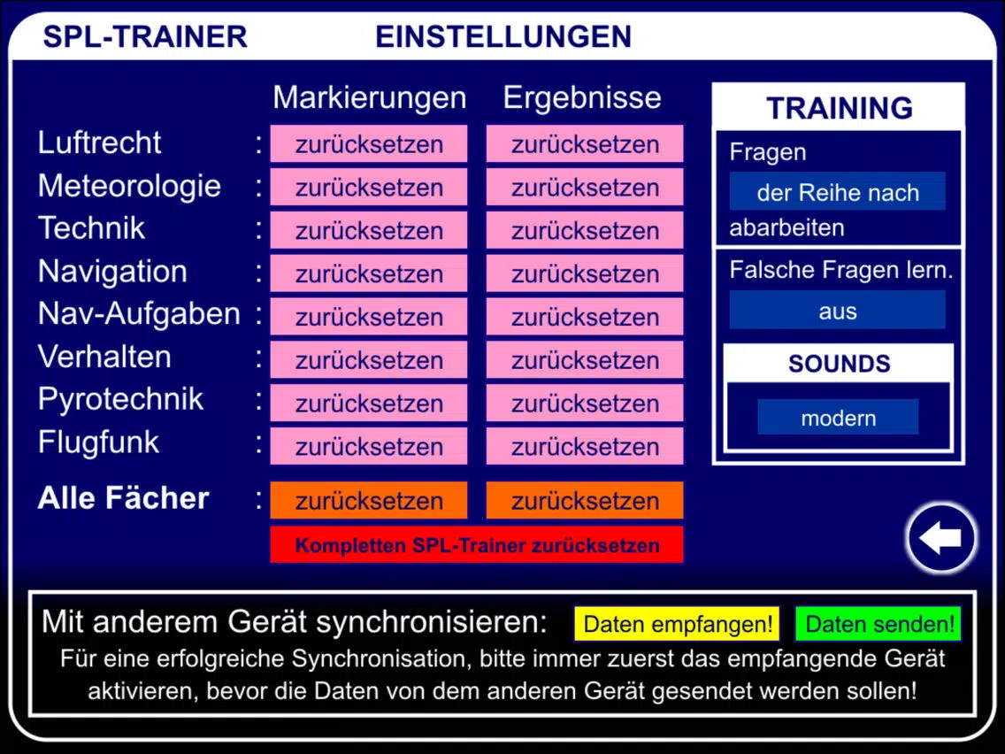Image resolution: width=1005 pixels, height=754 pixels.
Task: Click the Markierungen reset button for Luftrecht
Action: [369, 144]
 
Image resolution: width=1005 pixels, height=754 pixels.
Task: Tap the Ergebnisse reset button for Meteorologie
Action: [585, 188]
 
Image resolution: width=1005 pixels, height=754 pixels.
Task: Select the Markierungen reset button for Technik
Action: [369, 230]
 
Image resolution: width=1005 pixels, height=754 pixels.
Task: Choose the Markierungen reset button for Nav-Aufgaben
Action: [369, 317]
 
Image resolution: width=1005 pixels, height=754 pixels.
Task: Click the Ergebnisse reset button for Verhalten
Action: [585, 359]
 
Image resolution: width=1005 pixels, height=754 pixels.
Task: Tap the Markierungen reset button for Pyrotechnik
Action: [369, 403]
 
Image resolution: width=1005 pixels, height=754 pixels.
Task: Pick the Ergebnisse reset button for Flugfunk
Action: [585, 446]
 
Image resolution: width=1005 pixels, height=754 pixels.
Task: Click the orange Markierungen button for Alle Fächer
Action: [369, 500]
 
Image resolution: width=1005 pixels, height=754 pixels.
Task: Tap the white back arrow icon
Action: [940, 537]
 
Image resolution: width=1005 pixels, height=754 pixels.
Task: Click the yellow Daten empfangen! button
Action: [677, 624]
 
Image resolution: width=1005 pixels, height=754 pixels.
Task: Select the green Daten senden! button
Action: [878, 624]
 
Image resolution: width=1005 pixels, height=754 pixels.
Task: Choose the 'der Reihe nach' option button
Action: [837, 192]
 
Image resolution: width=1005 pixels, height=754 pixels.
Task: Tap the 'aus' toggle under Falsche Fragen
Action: [837, 311]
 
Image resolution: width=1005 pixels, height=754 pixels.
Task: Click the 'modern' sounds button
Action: [838, 418]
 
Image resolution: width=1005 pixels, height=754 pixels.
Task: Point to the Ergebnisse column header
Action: [582, 97]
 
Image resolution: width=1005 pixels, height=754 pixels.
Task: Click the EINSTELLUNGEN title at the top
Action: [503, 36]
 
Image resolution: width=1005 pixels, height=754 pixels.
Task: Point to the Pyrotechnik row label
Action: [120, 399]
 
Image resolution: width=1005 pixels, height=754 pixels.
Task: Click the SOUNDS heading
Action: [839, 364]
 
